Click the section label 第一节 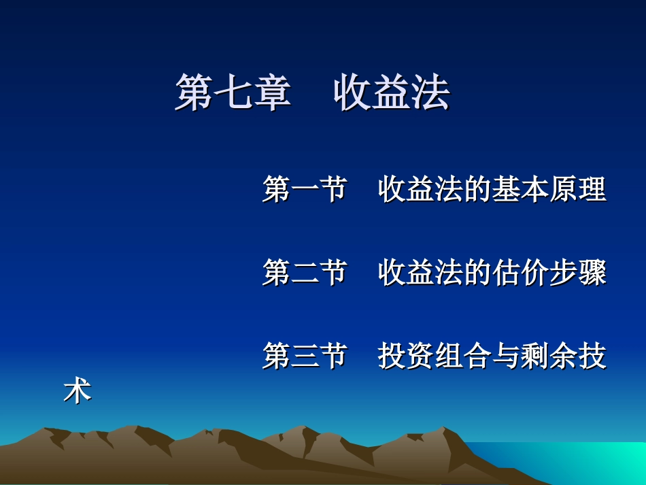[x=305, y=189]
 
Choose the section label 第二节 [x=305, y=273]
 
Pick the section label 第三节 [x=305, y=356]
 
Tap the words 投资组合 [x=435, y=356]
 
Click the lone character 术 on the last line [x=77, y=391]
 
